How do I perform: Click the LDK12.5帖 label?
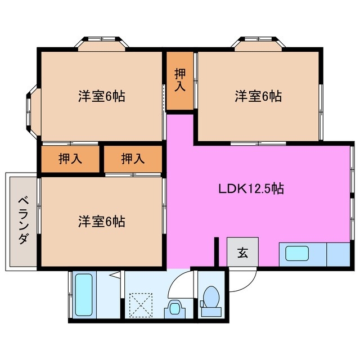click(x=251, y=189)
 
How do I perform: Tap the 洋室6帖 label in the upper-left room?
click(x=101, y=96)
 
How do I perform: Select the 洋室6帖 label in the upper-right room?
click(x=258, y=96)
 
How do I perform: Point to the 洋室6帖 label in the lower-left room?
click(x=101, y=221)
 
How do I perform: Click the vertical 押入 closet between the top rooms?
click(x=179, y=80)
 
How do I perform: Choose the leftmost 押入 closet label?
click(x=70, y=159)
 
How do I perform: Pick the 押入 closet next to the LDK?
click(x=133, y=159)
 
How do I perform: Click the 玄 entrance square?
click(x=242, y=253)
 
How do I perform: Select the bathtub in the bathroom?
click(x=84, y=295)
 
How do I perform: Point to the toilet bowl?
click(x=212, y=297)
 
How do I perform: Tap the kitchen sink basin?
click(x=301, y=254)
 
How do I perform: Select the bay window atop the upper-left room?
click(x=102, y=43)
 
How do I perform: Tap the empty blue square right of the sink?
click(x=339, y=254)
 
